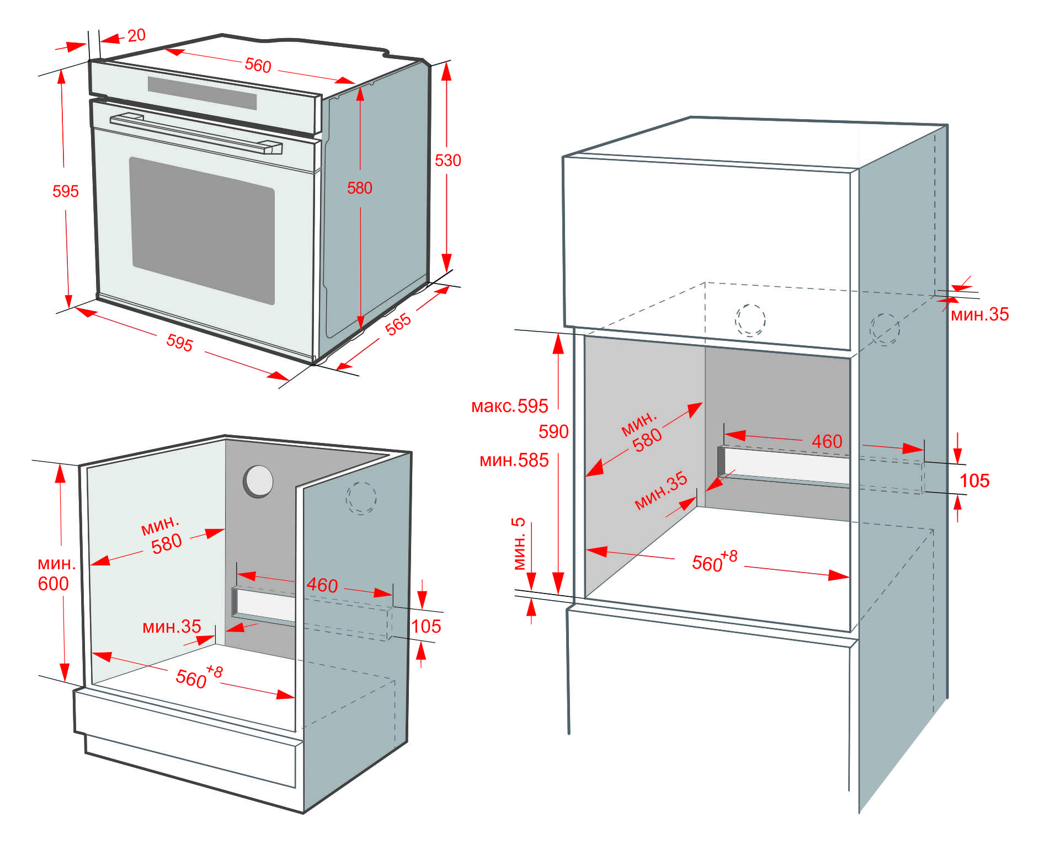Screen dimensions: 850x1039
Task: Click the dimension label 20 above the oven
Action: point(136,35)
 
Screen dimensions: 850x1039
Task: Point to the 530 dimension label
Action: point(447,161)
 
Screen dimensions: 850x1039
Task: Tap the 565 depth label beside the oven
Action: point(398,324)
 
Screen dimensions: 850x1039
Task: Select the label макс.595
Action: point(509,406)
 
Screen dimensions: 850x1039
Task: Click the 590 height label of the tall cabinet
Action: point(553,431)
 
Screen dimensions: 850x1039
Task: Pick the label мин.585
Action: point(514,460)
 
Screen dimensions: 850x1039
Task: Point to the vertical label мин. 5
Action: point(519,543)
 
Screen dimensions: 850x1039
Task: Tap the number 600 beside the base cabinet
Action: point(53,584)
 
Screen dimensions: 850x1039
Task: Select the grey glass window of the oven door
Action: point(203,231)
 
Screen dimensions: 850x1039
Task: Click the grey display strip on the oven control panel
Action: point(202,92)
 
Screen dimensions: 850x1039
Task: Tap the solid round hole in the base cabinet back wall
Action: point(258,481)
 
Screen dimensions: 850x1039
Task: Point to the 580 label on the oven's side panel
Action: point(360,188)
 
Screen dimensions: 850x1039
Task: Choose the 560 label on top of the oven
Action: point(258,65)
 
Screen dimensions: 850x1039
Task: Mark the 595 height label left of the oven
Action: point(66,191)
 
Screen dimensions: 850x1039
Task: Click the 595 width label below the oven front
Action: point(179,343)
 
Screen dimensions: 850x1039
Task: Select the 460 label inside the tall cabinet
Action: point(827,441)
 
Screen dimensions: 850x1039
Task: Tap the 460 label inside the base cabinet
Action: point(322,585)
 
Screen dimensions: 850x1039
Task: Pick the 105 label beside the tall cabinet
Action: point(974,481)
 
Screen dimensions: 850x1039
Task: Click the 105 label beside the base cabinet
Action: point(426,626)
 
